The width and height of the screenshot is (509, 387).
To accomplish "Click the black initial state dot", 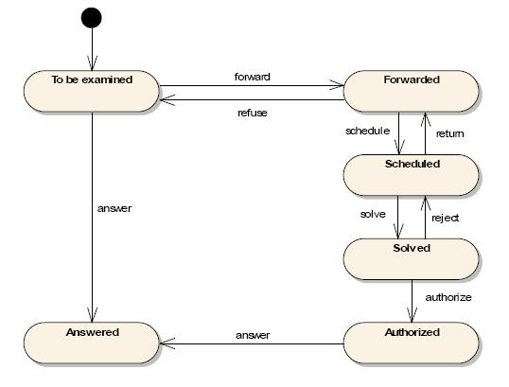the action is coord(92,18).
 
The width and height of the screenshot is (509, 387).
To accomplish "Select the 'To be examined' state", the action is coord(92,91).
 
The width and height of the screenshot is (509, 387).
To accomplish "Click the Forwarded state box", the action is coord(411,91).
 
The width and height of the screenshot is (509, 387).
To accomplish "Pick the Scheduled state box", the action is coord(411,175).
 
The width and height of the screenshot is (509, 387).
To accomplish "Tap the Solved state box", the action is coord(411,259).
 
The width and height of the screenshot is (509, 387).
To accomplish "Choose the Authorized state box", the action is coord(411,343).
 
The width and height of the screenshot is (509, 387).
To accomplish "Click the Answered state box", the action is coord(92,343).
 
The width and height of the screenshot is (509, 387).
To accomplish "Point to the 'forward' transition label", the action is coord(253,77).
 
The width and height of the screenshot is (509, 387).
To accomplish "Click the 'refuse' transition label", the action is coord(253,113).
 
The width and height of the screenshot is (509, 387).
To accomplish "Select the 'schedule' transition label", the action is coord(367,131).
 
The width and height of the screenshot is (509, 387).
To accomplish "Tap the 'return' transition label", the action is coord(450,133).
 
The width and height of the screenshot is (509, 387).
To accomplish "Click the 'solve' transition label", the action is coord(373,214).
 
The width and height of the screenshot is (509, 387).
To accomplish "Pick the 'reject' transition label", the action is coord(445,218).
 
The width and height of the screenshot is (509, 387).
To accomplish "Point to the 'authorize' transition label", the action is coord(448,297).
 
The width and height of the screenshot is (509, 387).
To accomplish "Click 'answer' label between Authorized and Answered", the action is coord(253,335).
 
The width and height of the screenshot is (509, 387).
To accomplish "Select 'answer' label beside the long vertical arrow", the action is coord(114,208).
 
